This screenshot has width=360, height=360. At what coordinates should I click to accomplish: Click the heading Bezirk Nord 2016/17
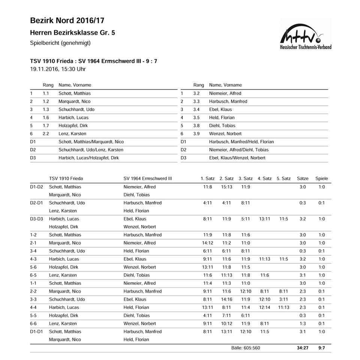[x=67, y=20]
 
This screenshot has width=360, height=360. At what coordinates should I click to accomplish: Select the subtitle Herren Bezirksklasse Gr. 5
[x=72, y=33]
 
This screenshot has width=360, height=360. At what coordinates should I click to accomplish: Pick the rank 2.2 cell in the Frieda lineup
[x=46, y=133]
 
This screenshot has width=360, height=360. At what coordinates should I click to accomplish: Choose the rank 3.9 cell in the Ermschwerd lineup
[x=196, y=133]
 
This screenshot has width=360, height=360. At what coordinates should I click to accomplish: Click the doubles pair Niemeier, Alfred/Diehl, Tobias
[x=238, y=150]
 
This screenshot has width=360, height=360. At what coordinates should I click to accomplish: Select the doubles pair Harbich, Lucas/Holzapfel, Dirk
[x=88, y=158]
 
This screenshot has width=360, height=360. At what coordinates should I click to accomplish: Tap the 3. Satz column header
[x=246, y=178]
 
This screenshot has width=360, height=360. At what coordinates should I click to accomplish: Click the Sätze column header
[x=302, y=178]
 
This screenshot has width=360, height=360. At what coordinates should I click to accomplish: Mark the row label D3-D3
[x=37, y=219]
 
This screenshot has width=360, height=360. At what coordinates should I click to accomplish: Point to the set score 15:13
[x=226, y=187]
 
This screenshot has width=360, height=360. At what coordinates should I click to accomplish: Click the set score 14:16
[x=226, y=299]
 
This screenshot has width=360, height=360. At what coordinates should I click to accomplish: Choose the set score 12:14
[x=264, y=307]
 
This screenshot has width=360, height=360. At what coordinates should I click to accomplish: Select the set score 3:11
[x=283, y=299]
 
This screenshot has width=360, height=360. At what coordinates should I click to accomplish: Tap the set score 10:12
[x=226, y=323]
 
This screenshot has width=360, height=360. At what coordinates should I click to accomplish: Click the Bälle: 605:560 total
[x=246, y=348]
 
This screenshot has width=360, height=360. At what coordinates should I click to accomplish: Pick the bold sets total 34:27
[x=302, y=348]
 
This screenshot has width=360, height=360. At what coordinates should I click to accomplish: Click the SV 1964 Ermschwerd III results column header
[x=148, y=178]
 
